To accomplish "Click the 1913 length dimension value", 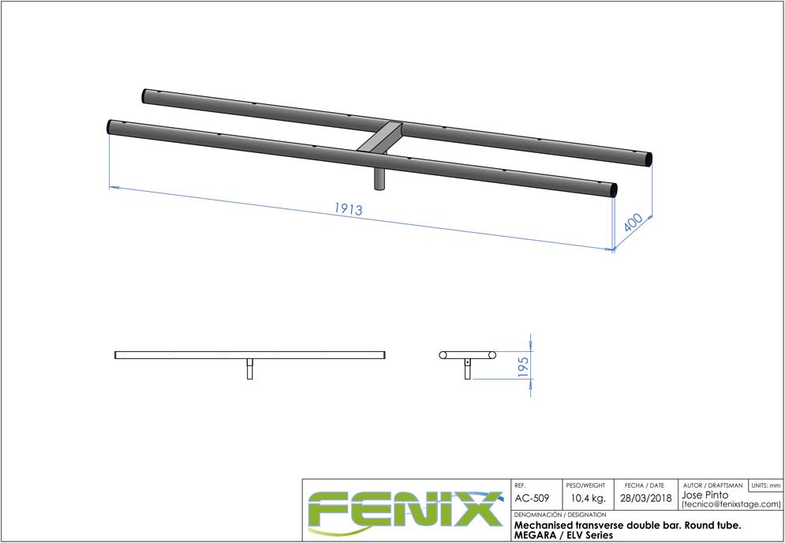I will [x=348, y=209].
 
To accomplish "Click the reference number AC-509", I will [x=533, y=499].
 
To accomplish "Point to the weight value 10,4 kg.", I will [x=588, y=499].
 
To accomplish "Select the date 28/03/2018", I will [x=644, y=499].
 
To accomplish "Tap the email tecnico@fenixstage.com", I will [x=731, y=504].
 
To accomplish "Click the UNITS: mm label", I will [x=765, y=485].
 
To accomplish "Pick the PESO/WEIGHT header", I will [x=585, y=485].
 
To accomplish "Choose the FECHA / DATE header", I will [x=644, y=485].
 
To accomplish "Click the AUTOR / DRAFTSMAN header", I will [x=712, y=485].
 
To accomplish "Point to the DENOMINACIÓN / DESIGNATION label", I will [x=559, y=515].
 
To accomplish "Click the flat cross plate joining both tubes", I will [x=379, y=138].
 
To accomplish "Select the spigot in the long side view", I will [x=250, y=369].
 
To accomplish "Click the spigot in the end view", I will [x=467, y=369].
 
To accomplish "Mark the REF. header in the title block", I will [x=520, y=485].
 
